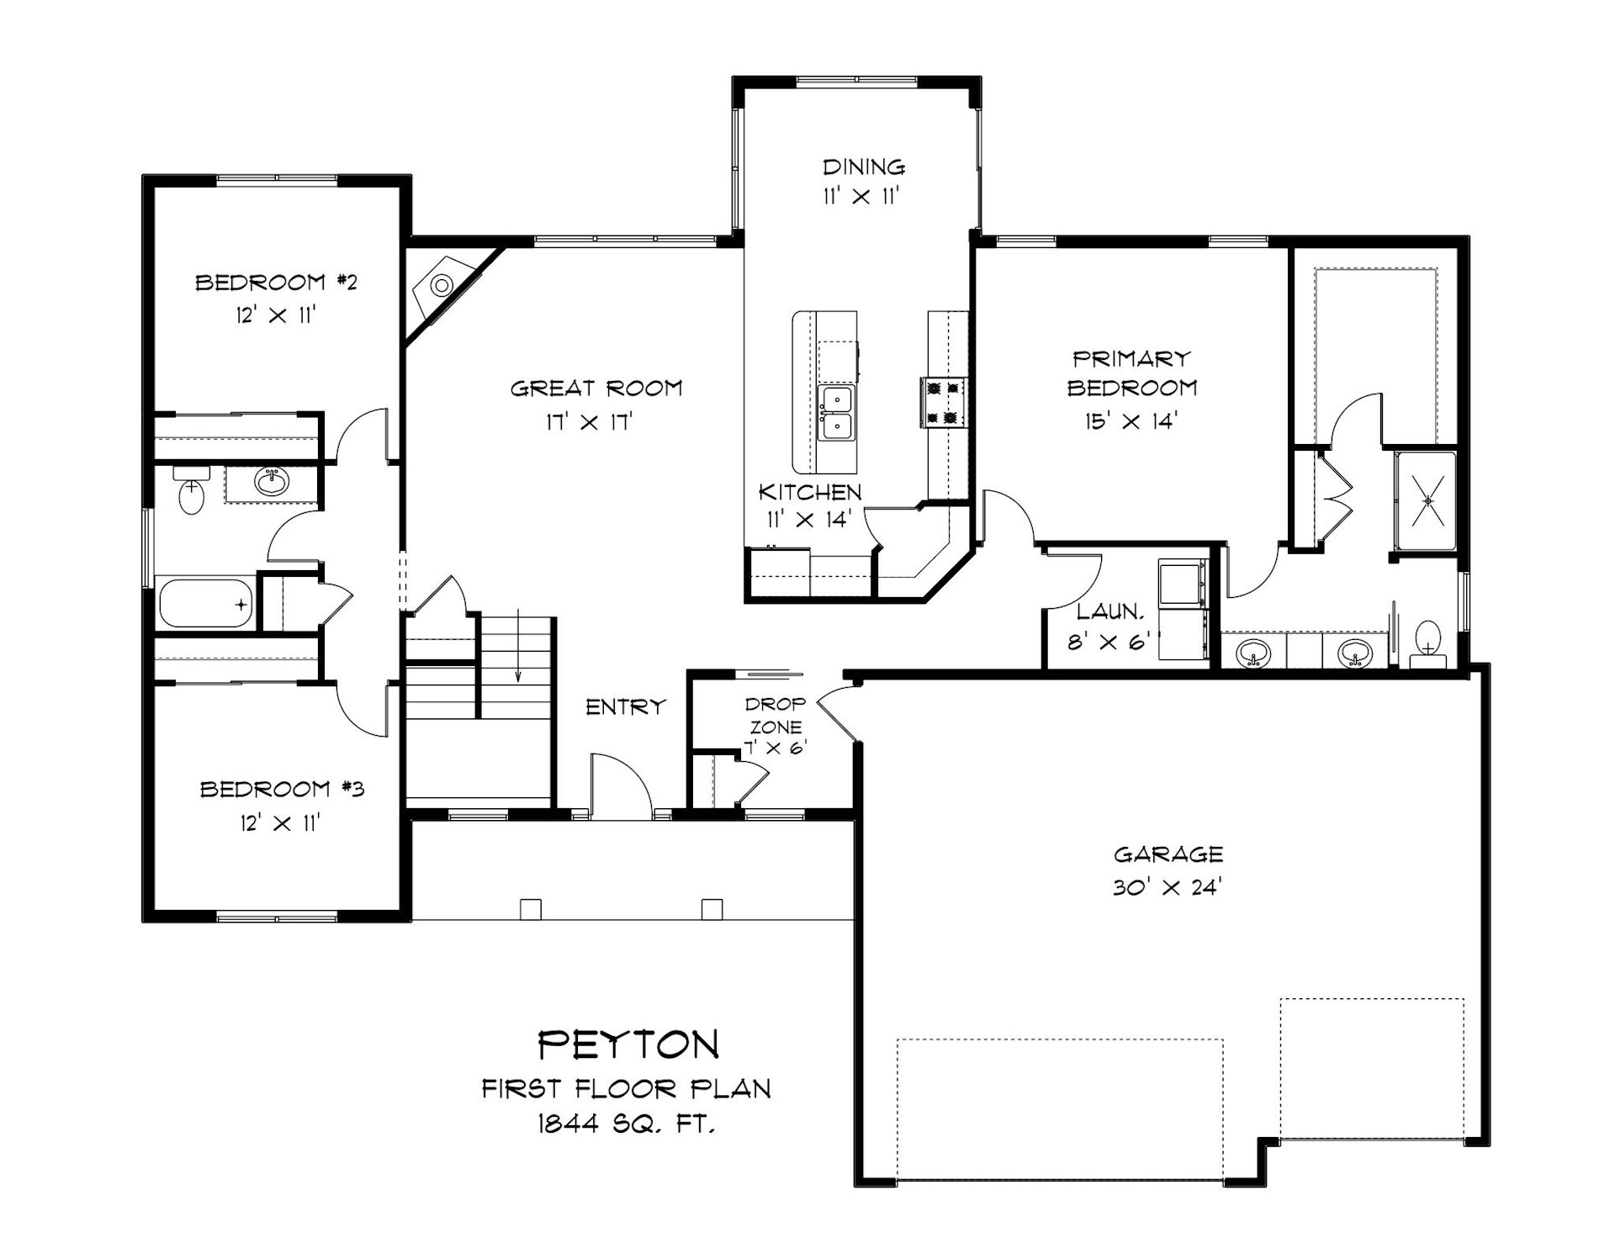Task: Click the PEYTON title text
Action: pos(628,1044)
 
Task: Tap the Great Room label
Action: pos(596,388)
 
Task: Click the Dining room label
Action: pos(864,167)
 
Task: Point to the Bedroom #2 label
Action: pos(276,282)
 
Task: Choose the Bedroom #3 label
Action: pos(282,789)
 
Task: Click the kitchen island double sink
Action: pos(837,413)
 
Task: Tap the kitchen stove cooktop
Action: pos(943,402)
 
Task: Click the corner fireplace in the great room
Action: pos(443,286)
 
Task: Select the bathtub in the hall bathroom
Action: pos(205,602)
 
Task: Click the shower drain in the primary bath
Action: pos(1427,501)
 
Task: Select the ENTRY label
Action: pos(626,707)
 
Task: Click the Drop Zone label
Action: pos(775,714)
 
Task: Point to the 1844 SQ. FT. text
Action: pos(627,1124)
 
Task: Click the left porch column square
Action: pos(530,909)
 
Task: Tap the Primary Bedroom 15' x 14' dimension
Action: pos(1130,421)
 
